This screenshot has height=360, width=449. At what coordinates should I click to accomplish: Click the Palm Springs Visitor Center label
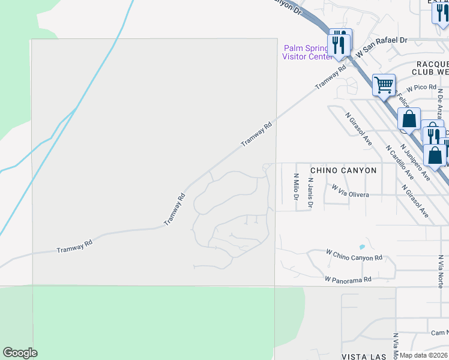pyautogui.click(x=307, y=52)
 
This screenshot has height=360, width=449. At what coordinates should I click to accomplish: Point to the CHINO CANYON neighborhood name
pyautogui.click(x=343, y=170)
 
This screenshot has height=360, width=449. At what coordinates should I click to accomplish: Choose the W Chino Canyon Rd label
pyautogui.click(x=354, y=255)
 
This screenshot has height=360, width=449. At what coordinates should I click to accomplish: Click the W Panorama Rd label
pyautogui.click(x=348, y=279)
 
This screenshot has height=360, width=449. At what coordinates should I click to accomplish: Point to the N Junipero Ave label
pyautogui.click(x=415, y=162)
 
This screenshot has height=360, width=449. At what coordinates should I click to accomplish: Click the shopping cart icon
pyautogui.click(x=384, y=84)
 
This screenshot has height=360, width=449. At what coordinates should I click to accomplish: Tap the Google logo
pyautogui.click(x=20, y=353)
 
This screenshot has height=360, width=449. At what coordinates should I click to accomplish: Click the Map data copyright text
pyautogui.click(x=424, y=355)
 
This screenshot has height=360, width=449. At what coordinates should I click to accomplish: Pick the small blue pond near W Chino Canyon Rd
pyautogui.click(x=361, y=247)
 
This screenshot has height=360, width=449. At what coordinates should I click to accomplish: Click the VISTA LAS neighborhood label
pyautogui.click(x=363, y=356)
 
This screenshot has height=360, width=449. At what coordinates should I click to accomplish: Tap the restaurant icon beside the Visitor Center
pyautogui.click(x=338, y=44)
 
